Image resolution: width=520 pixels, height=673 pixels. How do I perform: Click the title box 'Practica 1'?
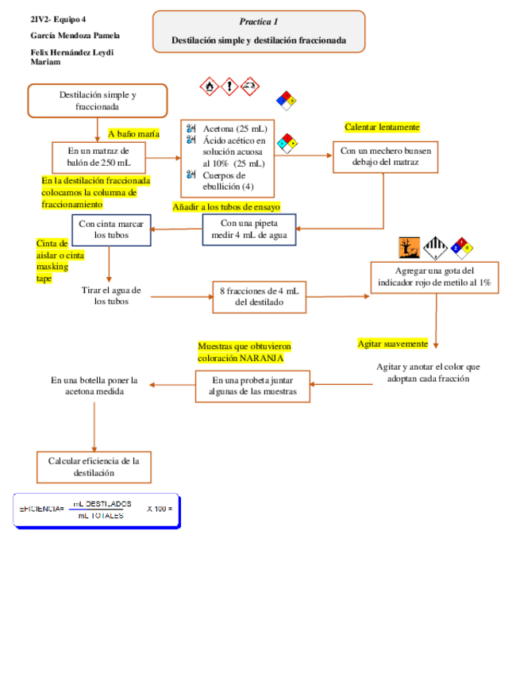click(x=259, y=31)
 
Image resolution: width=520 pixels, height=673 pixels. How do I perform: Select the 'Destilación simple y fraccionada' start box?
click(x=98, y=101)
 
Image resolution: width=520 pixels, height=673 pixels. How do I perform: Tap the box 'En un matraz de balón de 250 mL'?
click(x=98, y=156)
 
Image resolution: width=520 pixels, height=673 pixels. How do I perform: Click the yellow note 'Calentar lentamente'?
click(x=382, y=127)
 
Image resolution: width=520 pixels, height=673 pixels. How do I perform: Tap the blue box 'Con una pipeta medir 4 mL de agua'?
click(x=248, y=229)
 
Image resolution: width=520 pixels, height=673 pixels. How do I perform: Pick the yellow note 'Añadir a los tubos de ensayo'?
click(x=226, y=207)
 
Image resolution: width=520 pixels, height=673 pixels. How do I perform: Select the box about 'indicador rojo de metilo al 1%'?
click(x=433, y=277)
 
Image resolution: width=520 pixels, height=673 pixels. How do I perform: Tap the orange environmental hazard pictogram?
click(x=408, y=249)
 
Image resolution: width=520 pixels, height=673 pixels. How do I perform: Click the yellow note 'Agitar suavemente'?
click(x=392, y=344)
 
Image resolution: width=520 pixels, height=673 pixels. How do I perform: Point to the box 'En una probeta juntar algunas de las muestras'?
click(x=253, y=386)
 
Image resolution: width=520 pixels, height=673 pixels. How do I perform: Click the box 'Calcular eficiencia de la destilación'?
click(x=94, y=467)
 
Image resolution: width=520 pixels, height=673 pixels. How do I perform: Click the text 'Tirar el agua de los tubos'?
click(x=111, y=295)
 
